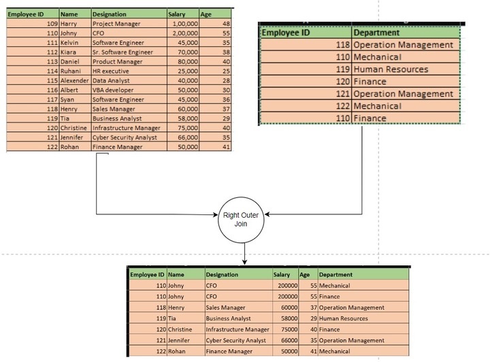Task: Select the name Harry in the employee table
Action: click(69, 24)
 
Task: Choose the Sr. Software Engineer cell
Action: click(122, 52)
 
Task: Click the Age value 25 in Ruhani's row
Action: click(226, 71)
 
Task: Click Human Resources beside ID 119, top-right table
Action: click(391, 69)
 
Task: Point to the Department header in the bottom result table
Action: click(335, 275)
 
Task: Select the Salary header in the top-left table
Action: click(176, 14)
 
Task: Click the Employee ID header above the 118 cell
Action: click(287, 32)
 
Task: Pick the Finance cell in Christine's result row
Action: click(329, 329)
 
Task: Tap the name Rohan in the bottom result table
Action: click(176, 351)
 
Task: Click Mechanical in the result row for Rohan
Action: click(335, 351)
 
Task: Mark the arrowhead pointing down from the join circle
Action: click(244, 261)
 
